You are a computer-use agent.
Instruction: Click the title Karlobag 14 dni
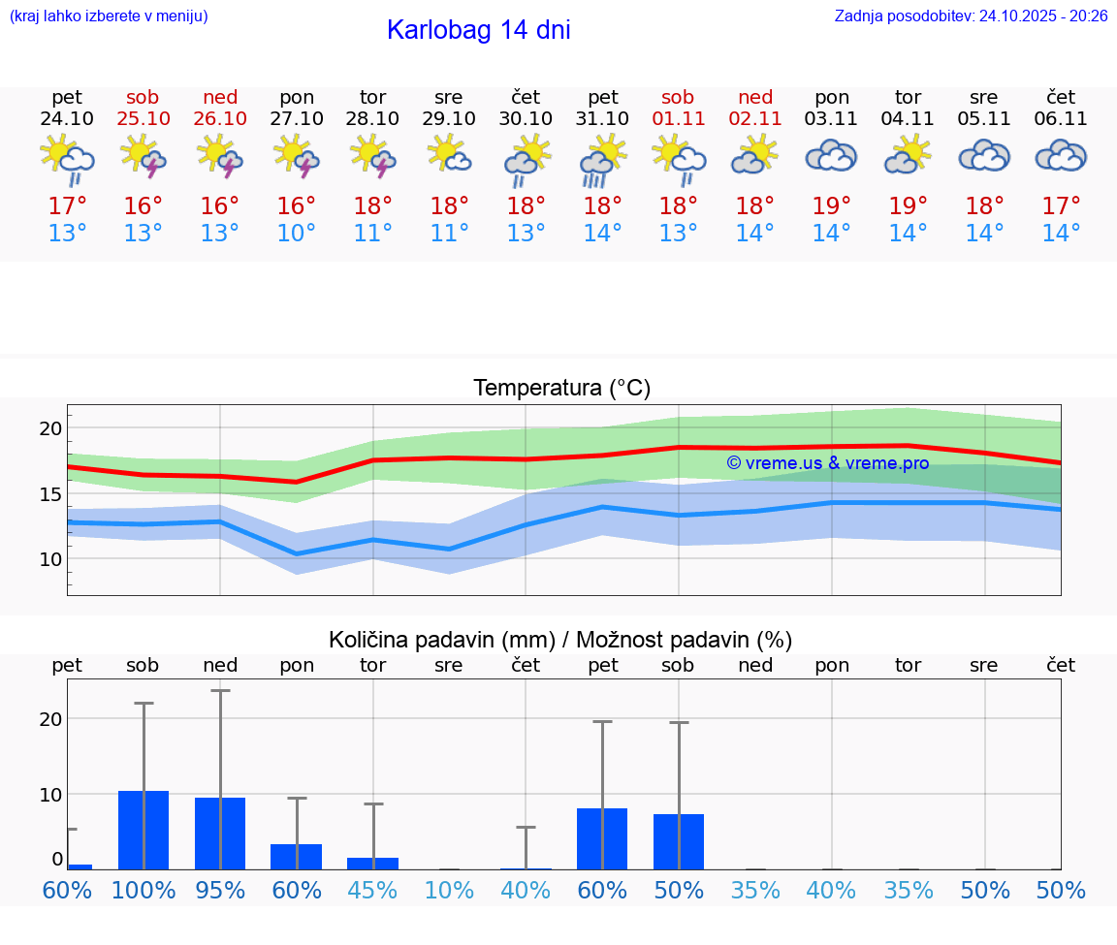click(478, 30)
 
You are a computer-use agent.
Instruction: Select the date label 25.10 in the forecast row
click(143, 119)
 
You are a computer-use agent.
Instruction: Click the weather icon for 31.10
click(602, 161)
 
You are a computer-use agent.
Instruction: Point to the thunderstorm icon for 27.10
click(296, 157)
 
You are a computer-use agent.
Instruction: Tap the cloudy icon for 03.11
click(831, 157)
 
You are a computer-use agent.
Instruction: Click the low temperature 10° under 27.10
click(296, 234)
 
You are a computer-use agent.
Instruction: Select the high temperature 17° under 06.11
click(1061, 206)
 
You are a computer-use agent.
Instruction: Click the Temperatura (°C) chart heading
click(561, 389)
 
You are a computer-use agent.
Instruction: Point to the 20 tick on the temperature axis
click(50, 428)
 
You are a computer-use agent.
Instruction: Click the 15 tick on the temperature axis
click(50, 494)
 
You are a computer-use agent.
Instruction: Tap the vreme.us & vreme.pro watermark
click(827, 463)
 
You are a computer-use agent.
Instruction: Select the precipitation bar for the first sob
click(143, 831)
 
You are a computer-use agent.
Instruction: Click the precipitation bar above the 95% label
click(220, 834)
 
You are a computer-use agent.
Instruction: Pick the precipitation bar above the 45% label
click(372, 864)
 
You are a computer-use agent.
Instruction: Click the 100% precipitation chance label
click(143, 891)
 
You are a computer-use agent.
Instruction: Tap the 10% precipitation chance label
click(449, 891)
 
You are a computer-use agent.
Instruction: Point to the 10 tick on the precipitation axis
click(50, 795)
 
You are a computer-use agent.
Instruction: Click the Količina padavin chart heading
click(560, 640)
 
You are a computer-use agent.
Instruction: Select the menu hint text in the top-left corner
click(108, 16)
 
